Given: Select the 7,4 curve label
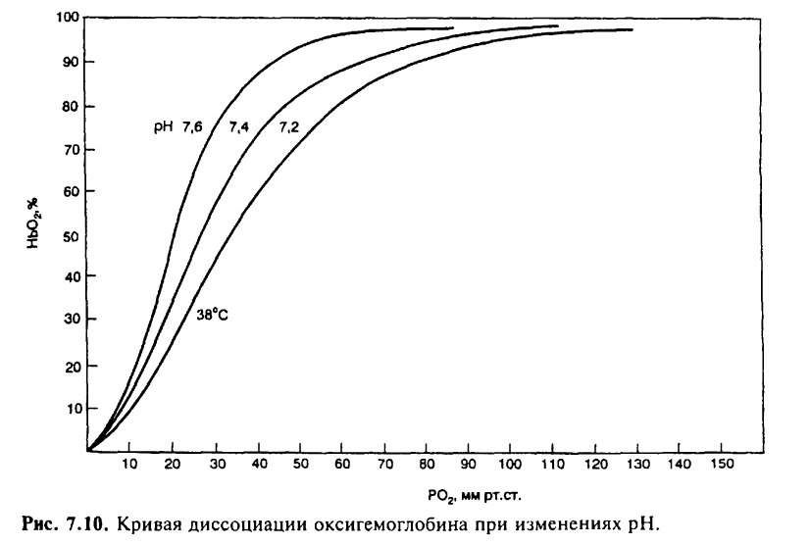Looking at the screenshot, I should (x=238, y=127).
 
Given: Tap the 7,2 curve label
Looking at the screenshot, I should (x=288, y=127).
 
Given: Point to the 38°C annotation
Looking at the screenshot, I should (x=212, y=317).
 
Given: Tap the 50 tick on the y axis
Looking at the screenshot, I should (x=72, y=235).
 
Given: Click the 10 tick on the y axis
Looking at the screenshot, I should (x=72, y=408).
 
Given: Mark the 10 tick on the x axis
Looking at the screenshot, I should (x=129, y=466).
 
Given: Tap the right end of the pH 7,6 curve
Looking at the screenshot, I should (x=453, y=27).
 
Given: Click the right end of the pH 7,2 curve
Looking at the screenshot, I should (x=632, y=29).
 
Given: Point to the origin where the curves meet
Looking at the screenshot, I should (x=88, y=450).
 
